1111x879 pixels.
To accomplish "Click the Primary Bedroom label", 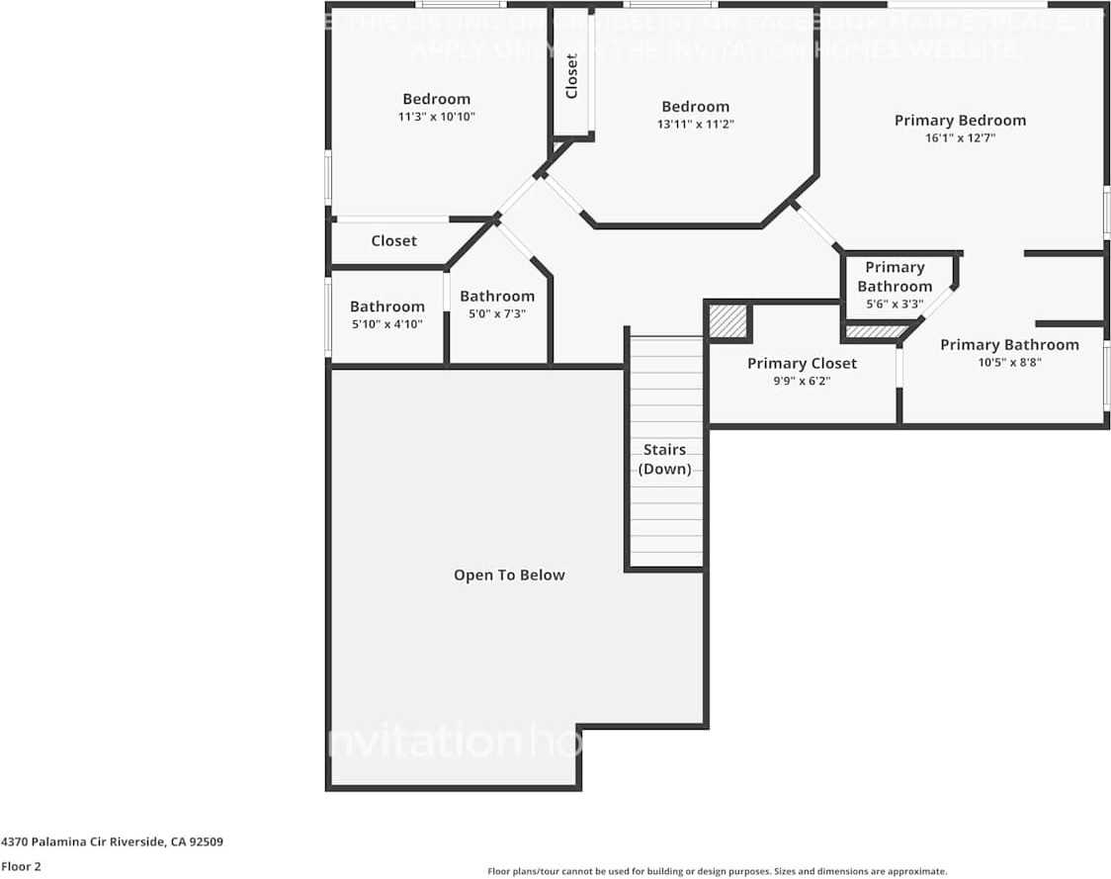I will point(960,121).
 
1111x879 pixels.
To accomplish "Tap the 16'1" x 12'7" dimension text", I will point(960,138).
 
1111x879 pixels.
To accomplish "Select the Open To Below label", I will point(509,575).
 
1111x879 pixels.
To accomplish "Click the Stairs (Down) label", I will point(664,460).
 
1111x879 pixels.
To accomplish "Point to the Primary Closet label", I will point(802,364).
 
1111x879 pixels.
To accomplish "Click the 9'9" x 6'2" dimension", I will point(802,381).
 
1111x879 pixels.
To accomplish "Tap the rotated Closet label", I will point(571,76).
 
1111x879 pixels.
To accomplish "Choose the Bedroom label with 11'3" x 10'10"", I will point(436,99).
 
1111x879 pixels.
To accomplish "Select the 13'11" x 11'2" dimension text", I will point(695,125).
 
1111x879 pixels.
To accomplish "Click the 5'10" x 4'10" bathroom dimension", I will point(387,324).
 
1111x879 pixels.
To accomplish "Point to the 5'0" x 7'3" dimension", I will point(496,313).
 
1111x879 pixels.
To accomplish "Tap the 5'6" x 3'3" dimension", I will point(895,305).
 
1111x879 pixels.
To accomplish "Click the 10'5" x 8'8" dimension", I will point(1008,362).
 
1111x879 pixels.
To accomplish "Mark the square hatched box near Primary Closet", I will point(728,322).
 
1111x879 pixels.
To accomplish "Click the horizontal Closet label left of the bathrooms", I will point(393,241).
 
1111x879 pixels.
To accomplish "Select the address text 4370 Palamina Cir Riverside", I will point(112,842).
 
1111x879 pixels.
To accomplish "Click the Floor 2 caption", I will point(21,866).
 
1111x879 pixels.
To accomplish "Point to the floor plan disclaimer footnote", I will point(717,871).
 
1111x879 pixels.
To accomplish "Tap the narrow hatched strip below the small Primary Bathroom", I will point(875,331).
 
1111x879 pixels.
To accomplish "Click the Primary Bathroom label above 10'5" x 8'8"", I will point(1008,345).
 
